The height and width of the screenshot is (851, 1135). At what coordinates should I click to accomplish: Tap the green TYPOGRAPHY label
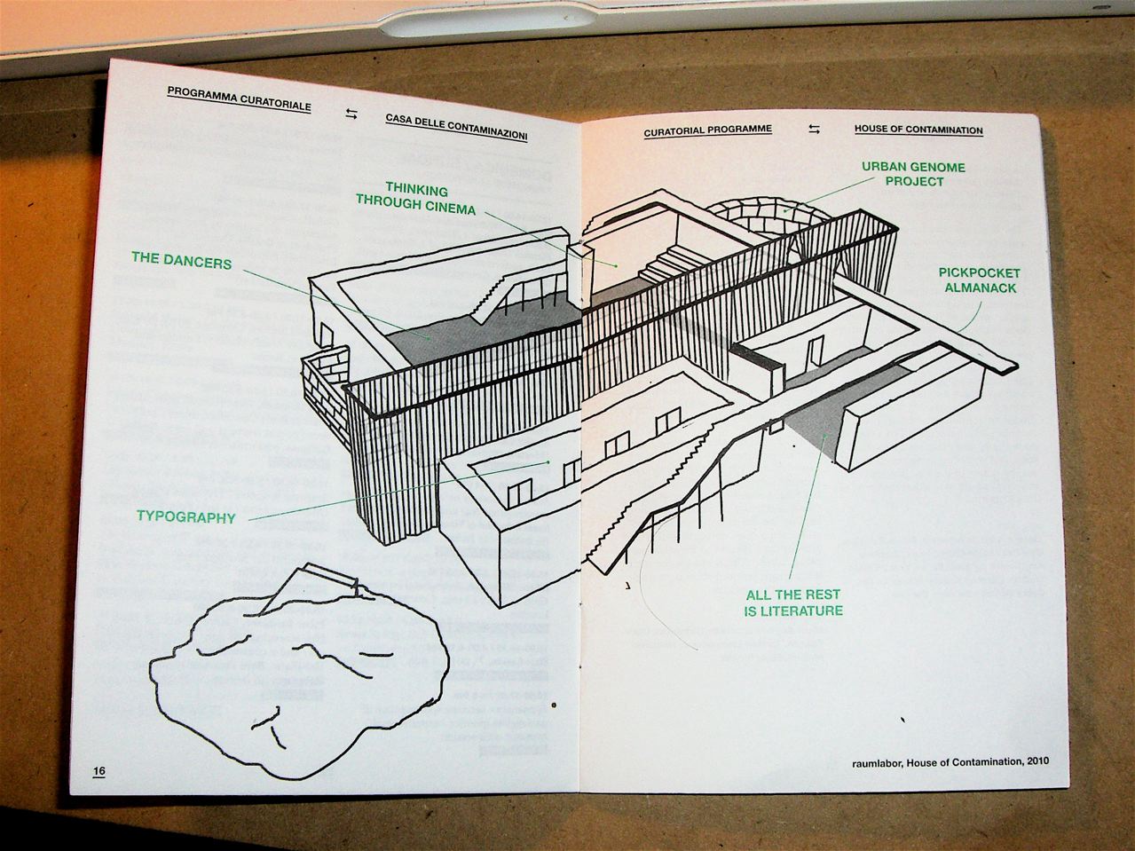coord(185,516)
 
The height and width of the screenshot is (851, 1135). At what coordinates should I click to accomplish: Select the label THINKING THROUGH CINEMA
coord(416,200)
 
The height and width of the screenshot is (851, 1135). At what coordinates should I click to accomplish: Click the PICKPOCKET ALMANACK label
coord(980,280)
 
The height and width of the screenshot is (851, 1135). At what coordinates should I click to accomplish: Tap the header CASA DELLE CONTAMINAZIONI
coord(456,126)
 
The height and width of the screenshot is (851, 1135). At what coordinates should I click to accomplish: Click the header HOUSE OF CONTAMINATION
coord(918,130)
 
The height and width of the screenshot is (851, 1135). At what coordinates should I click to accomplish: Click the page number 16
coord(99,770)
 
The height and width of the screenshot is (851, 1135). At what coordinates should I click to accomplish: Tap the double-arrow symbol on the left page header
coord(351,114)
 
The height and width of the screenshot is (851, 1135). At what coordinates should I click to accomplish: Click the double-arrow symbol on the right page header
coord(814,130)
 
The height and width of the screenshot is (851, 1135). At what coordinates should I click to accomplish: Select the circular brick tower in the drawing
coord(768,213)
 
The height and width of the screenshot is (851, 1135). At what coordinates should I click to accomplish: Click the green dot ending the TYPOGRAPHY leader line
coord(548,461)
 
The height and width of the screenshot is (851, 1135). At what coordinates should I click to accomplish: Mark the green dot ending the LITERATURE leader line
coord(824,435)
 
